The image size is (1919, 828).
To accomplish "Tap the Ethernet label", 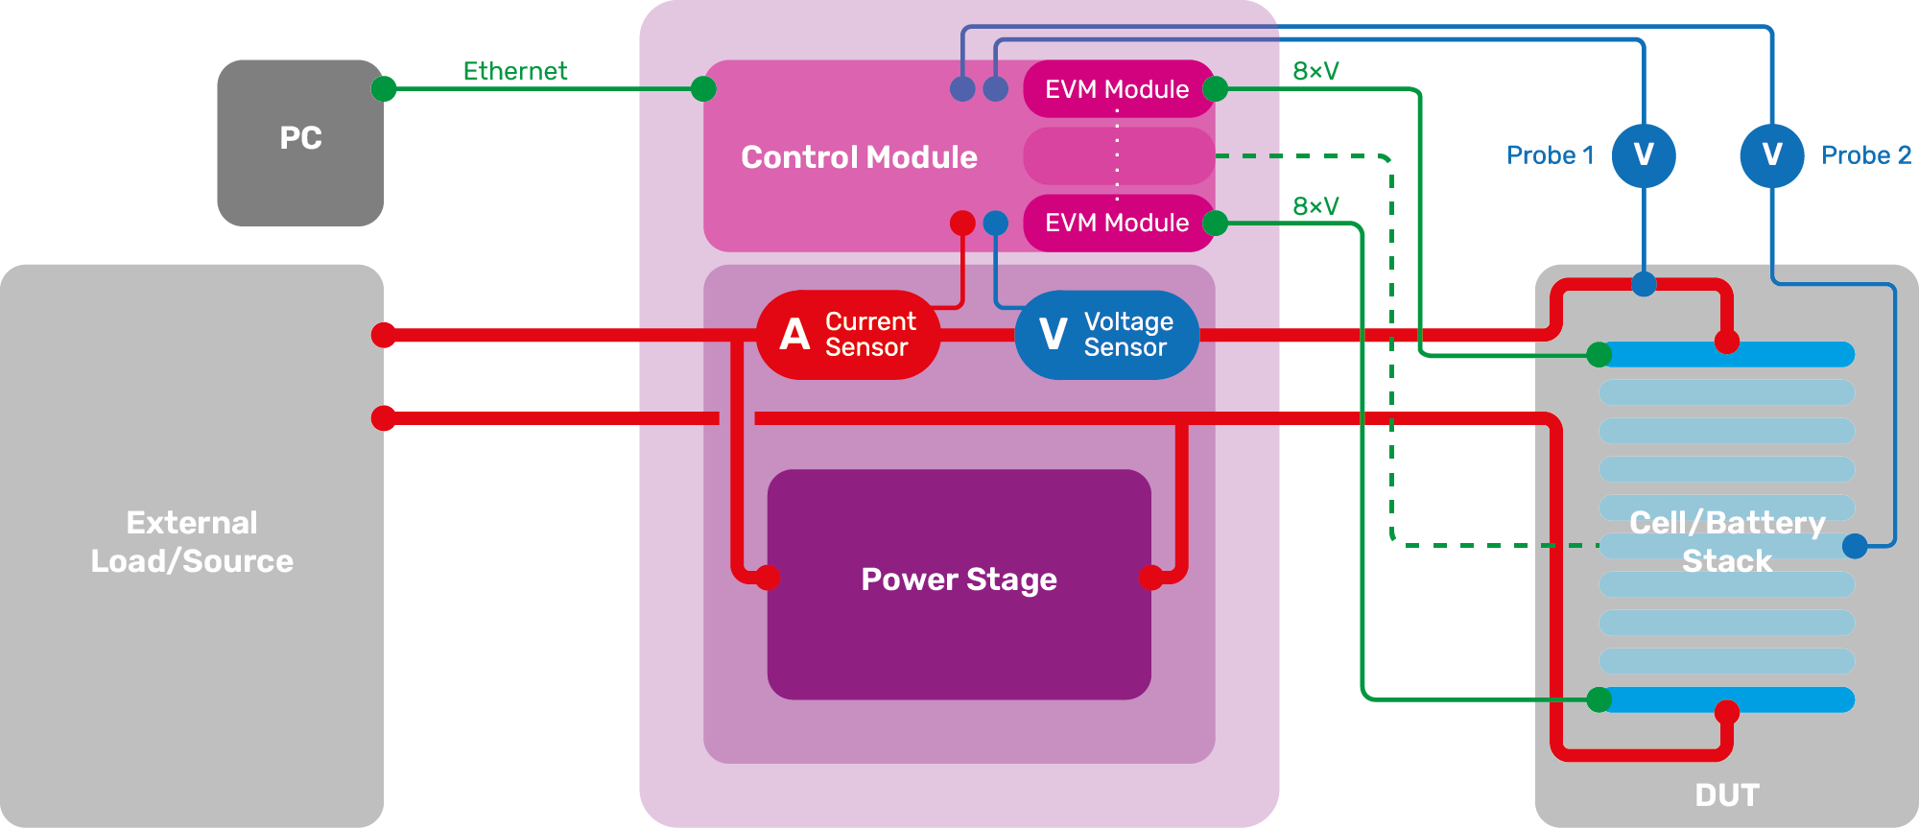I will pos(515,71).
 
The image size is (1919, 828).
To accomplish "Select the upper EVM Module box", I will pos(1118,89).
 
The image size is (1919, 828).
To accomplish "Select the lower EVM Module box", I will pos(1118,223).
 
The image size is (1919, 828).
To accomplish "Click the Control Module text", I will pos(859,157).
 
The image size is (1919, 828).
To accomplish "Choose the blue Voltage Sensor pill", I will pos(1106,335).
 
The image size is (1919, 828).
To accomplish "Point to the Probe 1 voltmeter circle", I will pos(1644,155).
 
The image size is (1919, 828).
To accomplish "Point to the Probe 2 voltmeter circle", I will pos(1772,155).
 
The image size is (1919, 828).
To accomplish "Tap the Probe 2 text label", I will pos(1866,155).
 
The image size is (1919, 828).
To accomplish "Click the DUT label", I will pos(1727,795).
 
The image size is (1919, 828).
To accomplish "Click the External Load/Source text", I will pos(192,542).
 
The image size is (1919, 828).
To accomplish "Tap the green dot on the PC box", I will pos(384,89).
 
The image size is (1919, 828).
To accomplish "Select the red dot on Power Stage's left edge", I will pos(768,578).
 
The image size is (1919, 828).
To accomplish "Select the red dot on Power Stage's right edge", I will pos(1151,578).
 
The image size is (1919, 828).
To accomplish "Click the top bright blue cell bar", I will pos(1785,354).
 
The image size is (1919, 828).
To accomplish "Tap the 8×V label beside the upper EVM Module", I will pos(1315,71).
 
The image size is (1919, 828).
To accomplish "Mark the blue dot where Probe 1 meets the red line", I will pos(1644,284).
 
